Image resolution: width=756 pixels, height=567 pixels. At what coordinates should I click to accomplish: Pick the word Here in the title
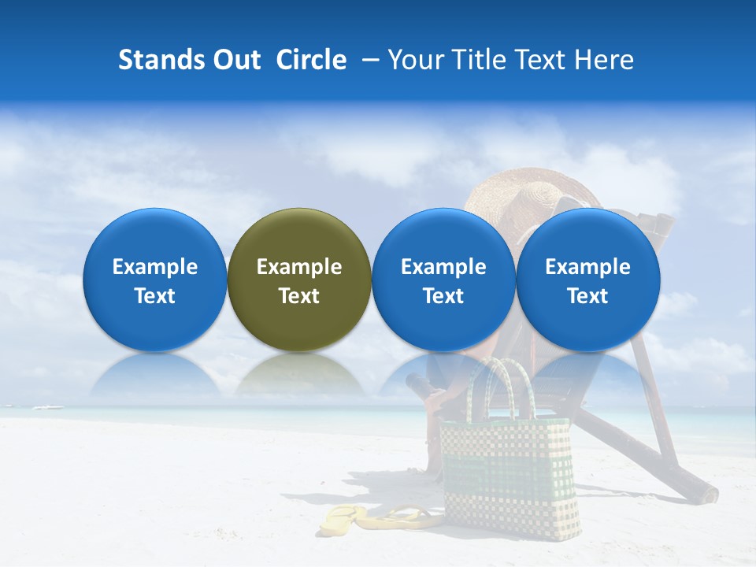(603, 60)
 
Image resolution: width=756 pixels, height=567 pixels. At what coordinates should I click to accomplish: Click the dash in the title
(369, 60)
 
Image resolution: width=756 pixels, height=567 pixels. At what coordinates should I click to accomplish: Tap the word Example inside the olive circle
(299, 267)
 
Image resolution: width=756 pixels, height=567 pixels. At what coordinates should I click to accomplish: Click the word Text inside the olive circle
(299, 296)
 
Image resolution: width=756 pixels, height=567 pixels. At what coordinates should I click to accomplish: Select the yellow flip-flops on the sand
(378, 517)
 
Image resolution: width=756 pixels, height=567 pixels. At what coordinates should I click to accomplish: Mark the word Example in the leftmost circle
(154, 267)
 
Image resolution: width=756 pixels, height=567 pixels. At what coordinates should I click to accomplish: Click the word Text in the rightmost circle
(588, 296)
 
